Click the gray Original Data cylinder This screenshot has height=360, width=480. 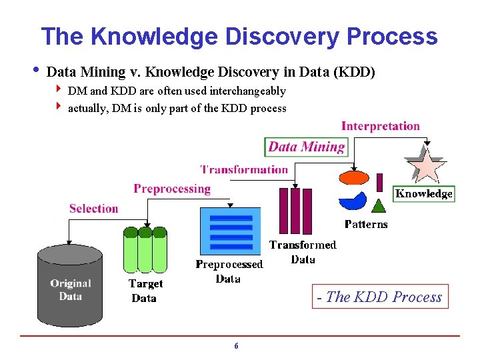tap(70, 283)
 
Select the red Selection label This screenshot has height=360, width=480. tap(93, 209)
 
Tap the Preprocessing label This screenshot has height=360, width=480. tap(172, 189)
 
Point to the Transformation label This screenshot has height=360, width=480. tap(244, 169)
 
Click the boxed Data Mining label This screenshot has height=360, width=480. tap(307, 147)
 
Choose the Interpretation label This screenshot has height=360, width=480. tap(381, 126)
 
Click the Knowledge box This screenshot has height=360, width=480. tap(424, 194)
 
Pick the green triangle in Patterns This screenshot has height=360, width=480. tap(379, 205)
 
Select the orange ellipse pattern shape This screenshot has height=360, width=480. tap(354, 177)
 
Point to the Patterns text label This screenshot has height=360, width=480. tap(366, 225)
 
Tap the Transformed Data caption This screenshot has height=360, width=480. tap(303, 252)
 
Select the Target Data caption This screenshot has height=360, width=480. tap(145, 291)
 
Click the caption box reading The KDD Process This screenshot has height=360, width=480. tap(380, 297)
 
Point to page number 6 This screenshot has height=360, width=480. tap(236, 346)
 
